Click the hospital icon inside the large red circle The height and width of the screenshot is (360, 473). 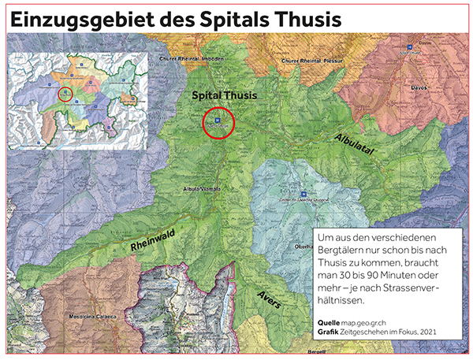[218, 120]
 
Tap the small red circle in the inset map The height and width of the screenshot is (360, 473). [66, 95]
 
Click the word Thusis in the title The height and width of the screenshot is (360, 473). [315, 17]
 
